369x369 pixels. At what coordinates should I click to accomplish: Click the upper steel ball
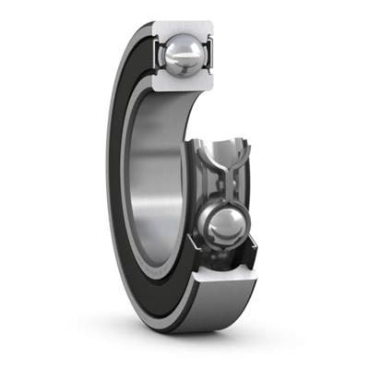click(182, 54)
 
